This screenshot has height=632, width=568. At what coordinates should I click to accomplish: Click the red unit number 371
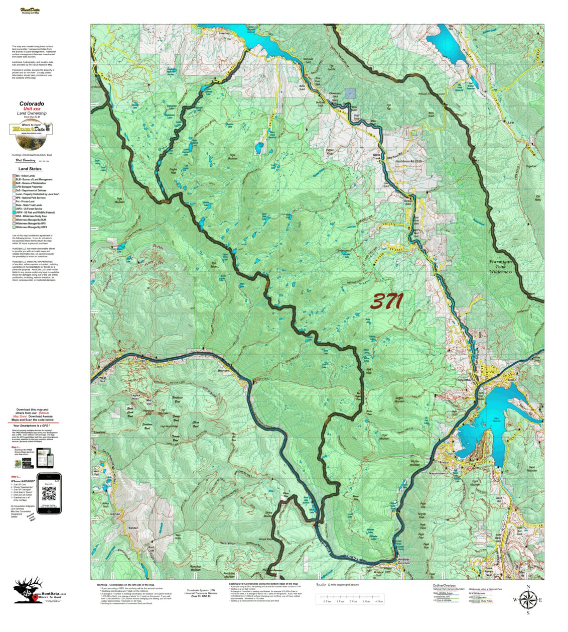[x=387, y=301]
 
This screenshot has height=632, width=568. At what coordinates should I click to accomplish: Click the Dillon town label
[x=511, y=380]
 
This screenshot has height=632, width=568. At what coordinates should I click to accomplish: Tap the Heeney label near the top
[x=224, y=34]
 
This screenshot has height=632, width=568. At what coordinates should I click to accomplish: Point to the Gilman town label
[x=115, y=514]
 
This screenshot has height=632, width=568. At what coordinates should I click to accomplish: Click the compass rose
[x=528, y=599]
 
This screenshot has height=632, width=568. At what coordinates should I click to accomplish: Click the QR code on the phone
[x=49, y=494]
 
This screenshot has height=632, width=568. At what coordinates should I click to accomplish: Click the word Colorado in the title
[x=32, y=104]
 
